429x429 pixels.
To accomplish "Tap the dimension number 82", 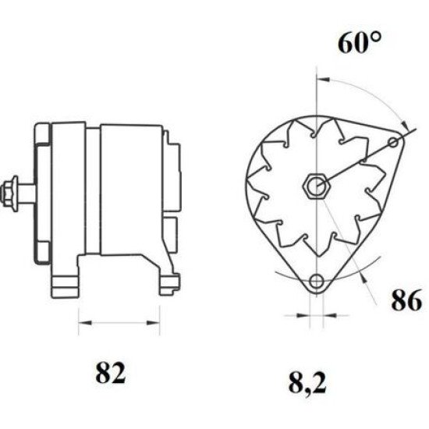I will [x=111, y=374].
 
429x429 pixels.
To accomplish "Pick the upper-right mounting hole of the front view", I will [x=401, y=141].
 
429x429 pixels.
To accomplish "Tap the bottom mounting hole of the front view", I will [x=316, y=282].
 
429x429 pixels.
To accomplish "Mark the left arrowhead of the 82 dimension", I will [x=82, y=320].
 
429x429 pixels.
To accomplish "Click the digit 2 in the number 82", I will [x=120, y=374].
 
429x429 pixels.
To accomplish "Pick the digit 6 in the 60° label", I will [x=346, y=44].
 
